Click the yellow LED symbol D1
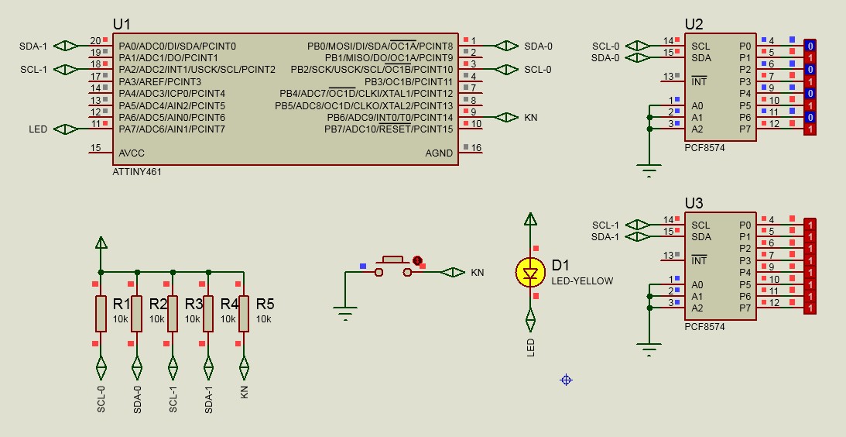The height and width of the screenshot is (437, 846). point(530,272)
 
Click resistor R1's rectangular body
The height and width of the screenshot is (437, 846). point(101,313)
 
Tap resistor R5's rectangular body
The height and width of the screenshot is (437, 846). point(244,313)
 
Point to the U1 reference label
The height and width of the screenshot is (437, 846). point(122,24)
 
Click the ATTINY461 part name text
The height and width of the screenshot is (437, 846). point(136,172)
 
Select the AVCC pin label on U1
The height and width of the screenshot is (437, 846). point(132,153)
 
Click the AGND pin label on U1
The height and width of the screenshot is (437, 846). point(439,153)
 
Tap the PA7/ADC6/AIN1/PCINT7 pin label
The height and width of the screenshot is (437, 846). point(172,129)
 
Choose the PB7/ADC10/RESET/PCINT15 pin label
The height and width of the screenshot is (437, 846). point(389,129)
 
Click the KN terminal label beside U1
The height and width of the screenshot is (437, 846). point(531,117)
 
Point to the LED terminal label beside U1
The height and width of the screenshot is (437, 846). point(38,129)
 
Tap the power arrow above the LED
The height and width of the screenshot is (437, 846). point(530,218)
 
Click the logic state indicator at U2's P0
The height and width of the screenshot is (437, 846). point(810,46)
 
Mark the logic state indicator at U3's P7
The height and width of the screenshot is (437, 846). point(810,308)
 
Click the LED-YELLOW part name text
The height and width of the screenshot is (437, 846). point(582,281)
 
